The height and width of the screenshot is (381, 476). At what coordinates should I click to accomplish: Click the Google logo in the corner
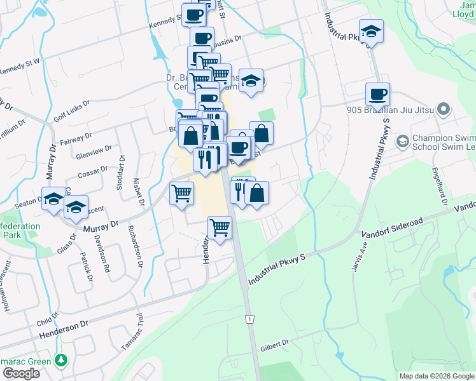click(x=20, y=373)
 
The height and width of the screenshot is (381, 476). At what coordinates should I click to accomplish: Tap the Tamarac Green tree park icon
click(x=61, y=359)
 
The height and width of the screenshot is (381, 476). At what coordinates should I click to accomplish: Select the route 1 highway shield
click(x=251, y=319)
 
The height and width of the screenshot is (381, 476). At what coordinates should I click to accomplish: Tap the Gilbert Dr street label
click(x=274, y=346)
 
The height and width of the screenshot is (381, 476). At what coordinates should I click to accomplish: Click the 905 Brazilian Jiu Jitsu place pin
click(x=444, y=110)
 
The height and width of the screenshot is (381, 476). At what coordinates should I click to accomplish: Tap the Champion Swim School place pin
click(x=403, y=140)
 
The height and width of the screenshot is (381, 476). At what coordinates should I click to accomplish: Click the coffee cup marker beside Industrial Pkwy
click(x=377, y=95)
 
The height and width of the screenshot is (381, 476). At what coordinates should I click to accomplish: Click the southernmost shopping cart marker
click(x=220, y=227)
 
